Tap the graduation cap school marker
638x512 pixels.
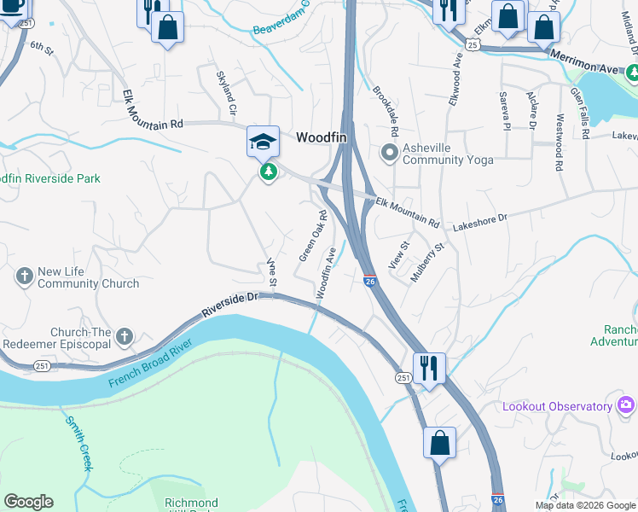coord(263,141)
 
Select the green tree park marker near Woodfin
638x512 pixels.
coord(269,172)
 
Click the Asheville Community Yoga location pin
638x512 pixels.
coord(390,154)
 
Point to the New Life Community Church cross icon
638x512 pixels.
coord(24,276)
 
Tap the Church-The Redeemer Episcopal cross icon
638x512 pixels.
coord(125,337)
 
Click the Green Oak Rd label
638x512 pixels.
coord(313,236)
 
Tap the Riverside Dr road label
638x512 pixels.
coord(229,304)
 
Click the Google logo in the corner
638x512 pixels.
coord(28,502)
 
